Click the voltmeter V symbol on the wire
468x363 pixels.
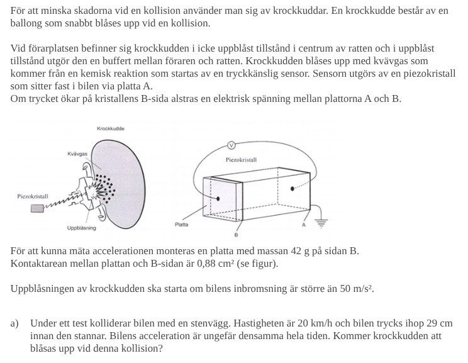[231, 145]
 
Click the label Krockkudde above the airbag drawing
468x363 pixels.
[111, 128]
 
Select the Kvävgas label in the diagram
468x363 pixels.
[77, 154]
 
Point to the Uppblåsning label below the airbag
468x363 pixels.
[82, 228]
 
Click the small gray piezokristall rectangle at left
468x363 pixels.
[38, 208]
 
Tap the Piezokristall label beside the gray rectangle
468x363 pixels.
[32, 197]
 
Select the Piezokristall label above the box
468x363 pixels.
[241, 160]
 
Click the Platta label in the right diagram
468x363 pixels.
[181, 225]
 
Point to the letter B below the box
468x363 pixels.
[236, 236]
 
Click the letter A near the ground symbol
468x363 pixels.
[304, 225]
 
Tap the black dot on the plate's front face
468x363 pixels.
[218, 198]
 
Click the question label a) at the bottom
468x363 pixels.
[14, 323]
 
